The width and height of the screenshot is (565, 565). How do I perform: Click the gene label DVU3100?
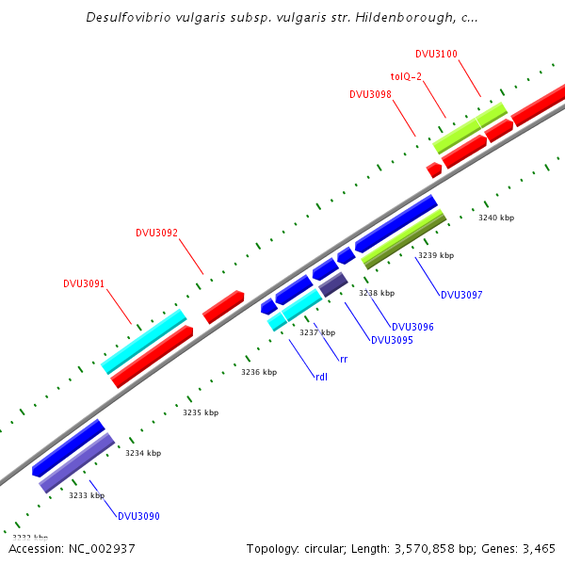436,54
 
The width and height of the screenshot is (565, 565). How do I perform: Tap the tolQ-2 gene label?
411,75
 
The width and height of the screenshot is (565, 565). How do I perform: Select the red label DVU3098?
370,94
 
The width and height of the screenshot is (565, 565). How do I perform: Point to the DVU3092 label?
156,233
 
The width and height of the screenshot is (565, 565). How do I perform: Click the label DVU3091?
84,283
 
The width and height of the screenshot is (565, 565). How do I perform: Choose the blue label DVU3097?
461,295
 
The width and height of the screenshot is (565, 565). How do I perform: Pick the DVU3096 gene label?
412,327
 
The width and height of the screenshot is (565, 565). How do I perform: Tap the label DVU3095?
392,340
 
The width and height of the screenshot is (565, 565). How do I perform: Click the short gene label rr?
344,359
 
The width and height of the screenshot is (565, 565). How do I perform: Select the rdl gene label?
321,377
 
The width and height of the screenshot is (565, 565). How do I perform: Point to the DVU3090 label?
138,516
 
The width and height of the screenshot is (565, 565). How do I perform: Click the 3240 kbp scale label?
496,218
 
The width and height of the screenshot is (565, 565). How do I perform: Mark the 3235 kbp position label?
201,412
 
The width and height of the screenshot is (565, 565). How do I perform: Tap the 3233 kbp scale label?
87,494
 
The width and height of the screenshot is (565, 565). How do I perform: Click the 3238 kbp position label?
377,293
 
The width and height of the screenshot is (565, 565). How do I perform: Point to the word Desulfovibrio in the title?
129,17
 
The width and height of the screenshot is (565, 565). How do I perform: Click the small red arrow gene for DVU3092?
223,306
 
